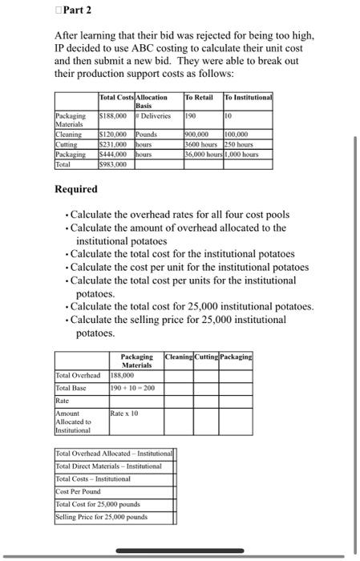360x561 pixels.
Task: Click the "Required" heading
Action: coord(76,189)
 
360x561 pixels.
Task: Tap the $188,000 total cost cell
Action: coord(113,115)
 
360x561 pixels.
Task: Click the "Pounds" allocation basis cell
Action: coord(148,134)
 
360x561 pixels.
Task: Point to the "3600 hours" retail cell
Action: coord(202,143)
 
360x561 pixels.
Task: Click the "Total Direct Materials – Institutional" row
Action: coord(108,466)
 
